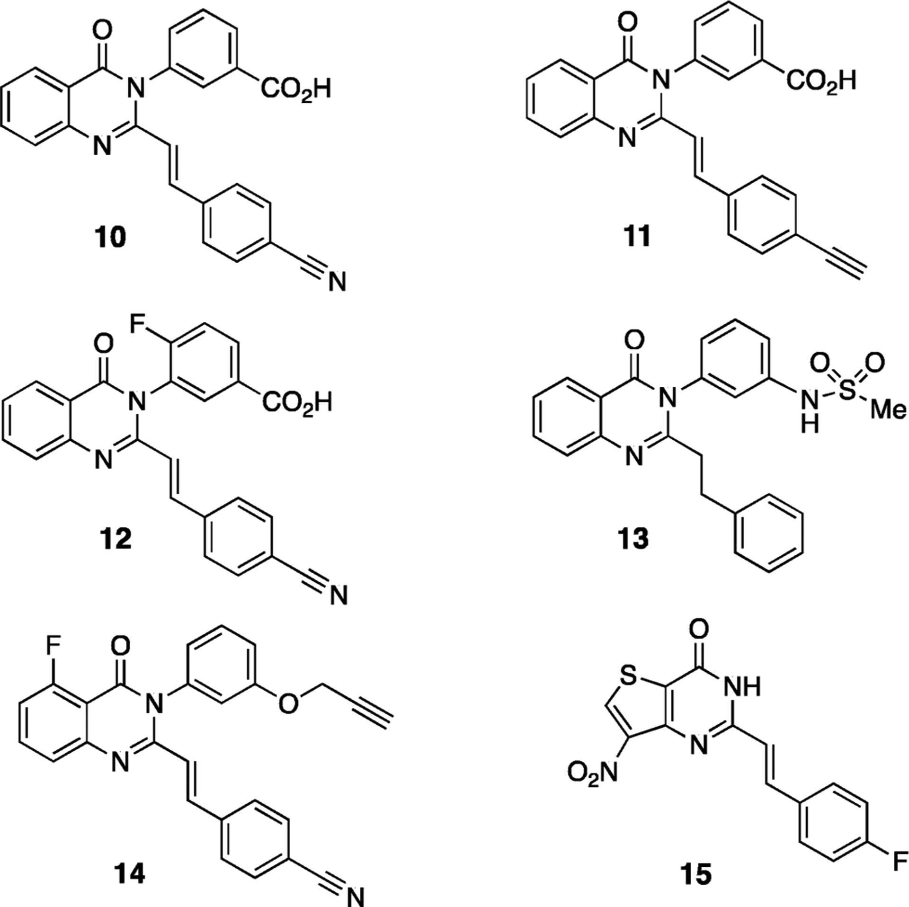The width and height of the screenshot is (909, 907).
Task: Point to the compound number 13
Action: pyautogui.click(x=634, y=538)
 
